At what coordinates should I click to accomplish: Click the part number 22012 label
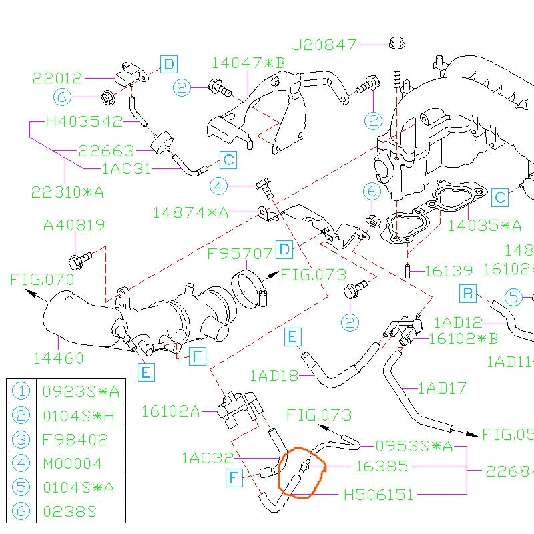click(57, 78)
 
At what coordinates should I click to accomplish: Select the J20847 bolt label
click(325, 45)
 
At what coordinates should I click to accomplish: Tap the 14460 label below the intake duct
click(59, 358)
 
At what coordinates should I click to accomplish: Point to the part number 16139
click(449, 271)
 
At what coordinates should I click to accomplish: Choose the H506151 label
click(378, 495)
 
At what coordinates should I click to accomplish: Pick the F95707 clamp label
click(240, 254)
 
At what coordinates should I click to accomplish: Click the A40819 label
click(74, 226)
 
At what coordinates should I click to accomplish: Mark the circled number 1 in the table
click(22, 391)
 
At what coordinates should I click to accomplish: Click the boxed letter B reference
click(468, 292)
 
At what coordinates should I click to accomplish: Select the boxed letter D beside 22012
click(169, 64)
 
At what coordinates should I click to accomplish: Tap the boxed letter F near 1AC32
click(234, 477)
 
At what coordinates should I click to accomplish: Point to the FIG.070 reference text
click(42, 280)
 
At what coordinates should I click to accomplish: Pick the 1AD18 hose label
click(274, 376)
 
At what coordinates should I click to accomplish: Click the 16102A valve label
click(170, 411)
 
